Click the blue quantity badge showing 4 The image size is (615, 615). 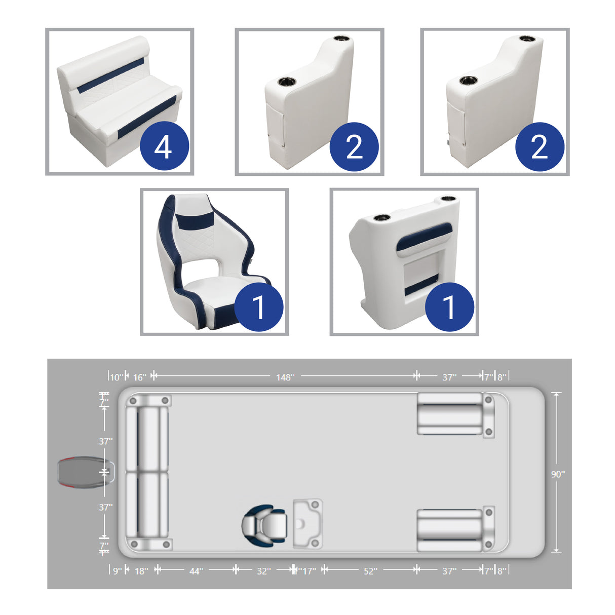click(164, 146)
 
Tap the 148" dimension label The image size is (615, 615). click(285, 377)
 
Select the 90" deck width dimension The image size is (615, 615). click(558, 475)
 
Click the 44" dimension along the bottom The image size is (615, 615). click(196, 571)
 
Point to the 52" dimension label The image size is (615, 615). click(370, 571)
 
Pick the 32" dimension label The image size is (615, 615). click(264, 571)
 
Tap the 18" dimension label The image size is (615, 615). click(141, 571)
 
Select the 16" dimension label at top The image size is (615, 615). click(139, 377)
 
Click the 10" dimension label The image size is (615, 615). click(116, 377)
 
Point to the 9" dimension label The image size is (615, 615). click(118, 571)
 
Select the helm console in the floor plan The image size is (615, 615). click(307, 523)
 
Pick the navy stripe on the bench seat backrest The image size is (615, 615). click(110, 76)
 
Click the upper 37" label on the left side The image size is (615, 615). click(106, 441)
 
